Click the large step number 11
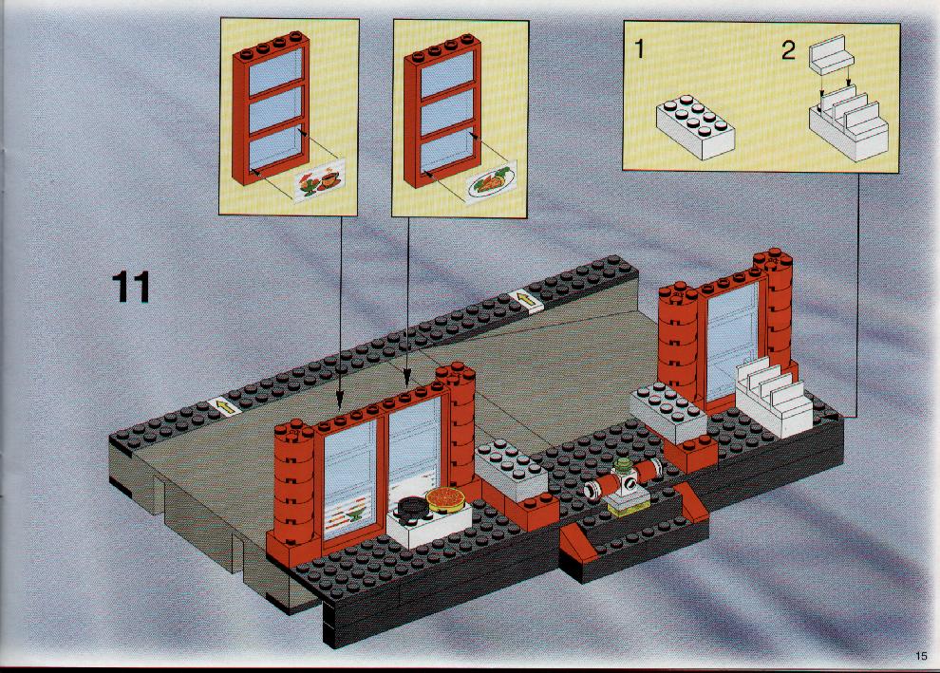click(131, 287)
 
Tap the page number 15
click(921, 656)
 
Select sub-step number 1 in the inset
click(639, 48)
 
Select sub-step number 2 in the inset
click(788, 50)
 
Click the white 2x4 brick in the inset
click(696, 126)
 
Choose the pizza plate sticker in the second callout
click(490, 182)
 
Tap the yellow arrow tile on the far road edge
click(526, 298)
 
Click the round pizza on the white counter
click(446, 498)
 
